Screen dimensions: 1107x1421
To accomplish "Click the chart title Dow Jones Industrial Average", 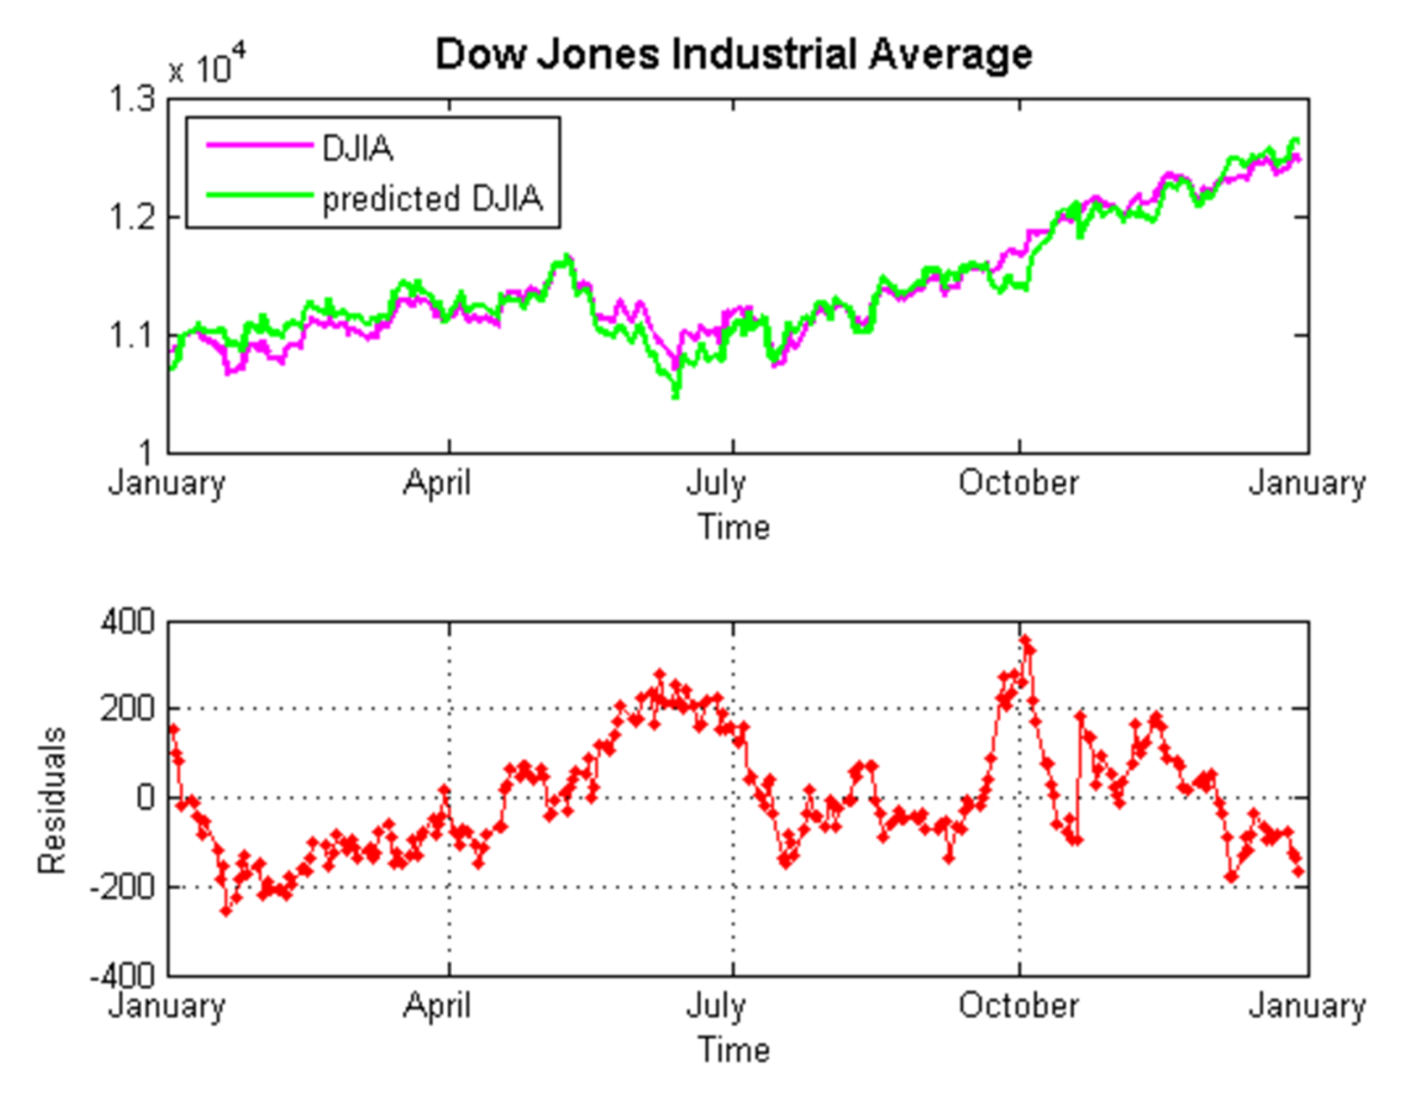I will tap(734, 54).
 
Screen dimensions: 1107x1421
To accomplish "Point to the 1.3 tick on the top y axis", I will tap(132, 100).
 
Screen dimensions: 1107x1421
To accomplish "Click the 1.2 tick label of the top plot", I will tap(132, 217).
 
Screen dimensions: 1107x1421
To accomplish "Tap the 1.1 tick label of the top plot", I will tap(132, 334).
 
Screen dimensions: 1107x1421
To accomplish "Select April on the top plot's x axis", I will tap(437, 482).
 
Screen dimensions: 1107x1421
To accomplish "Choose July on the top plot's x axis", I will tap(716, 482).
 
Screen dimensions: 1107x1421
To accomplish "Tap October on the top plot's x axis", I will tap(1018, 482).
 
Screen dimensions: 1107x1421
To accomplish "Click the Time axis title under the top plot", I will tap(734, 527).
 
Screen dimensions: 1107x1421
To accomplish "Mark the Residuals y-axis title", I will tap(53, 800).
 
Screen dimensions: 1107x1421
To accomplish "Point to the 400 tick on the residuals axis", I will tap(127, 622).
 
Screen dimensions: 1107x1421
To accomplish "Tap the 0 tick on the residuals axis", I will tap(146, 798).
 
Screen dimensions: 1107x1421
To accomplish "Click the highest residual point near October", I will tap(1025, 641).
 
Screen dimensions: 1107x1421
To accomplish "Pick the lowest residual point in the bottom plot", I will tap(226, 911).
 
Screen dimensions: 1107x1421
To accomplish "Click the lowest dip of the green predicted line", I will tap(676, 395).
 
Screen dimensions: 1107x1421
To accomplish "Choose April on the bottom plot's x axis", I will tap(437, 1005).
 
